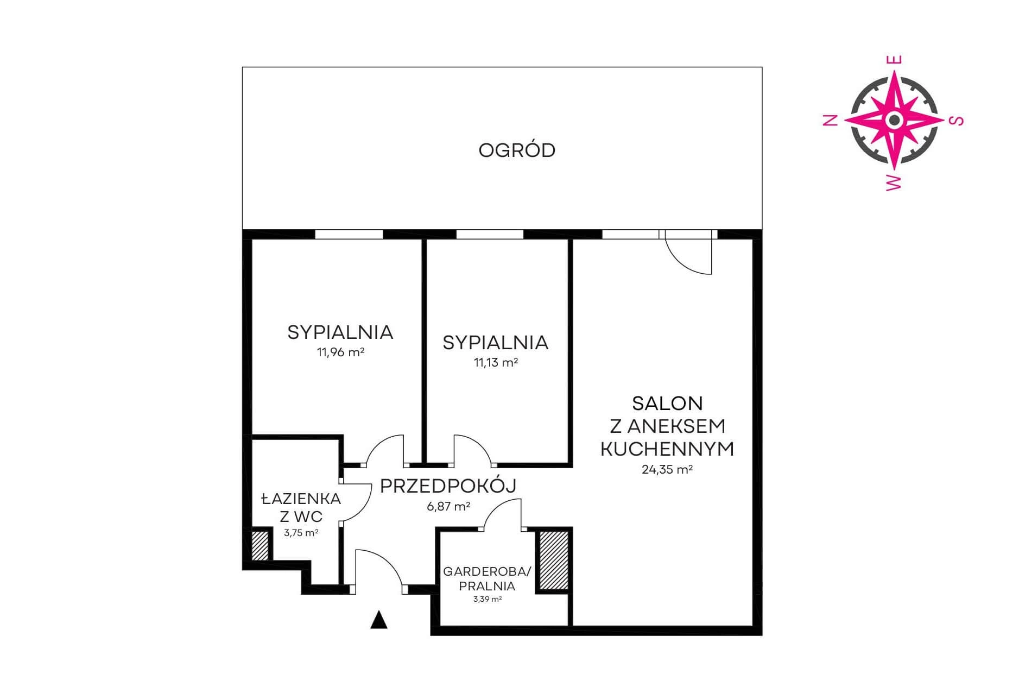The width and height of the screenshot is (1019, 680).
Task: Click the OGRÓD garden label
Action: pos(517,150)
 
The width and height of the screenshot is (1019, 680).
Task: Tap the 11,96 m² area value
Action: pos(340,352)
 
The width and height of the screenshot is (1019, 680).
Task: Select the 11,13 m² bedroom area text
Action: pos(496,362)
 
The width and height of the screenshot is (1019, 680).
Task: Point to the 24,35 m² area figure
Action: pos(667,469)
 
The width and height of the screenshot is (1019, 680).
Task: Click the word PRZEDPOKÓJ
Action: pos(448,486)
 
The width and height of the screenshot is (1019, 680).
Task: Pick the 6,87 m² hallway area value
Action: pos(448,507)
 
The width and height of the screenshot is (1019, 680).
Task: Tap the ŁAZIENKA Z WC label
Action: pos(301,507)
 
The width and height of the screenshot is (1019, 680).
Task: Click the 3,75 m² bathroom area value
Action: pos(301,533)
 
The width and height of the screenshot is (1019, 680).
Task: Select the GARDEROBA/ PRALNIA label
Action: pos(487,578)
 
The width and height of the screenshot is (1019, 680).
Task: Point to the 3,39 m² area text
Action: pos(487,600)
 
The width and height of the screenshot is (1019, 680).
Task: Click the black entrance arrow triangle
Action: pos(379,620)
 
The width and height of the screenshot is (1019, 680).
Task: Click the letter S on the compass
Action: pos(958,120)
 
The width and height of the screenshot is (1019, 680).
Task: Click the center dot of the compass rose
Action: pos(894,120)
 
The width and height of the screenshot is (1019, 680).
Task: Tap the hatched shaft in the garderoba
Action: pos(553,560)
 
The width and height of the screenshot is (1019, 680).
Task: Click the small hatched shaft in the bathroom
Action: pos(260,545)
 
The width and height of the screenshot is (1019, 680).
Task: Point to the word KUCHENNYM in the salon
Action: pos(667,449)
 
